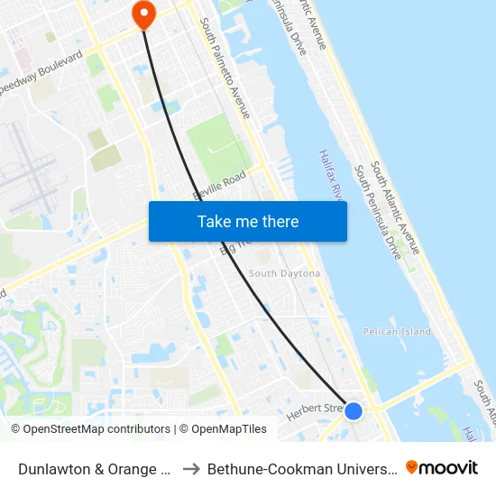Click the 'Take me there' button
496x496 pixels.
(x=248, y=221)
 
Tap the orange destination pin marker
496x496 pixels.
(x=143, y=14)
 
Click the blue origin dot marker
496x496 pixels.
(x=354, y=410)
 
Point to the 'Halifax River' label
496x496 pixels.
(x=332, y=177)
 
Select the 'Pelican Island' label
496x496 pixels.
(x=397, y=332)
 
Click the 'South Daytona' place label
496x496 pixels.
(x=284, y=273)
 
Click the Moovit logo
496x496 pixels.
(x=442, y=468)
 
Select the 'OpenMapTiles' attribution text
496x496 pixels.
(x=226, y=429)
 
